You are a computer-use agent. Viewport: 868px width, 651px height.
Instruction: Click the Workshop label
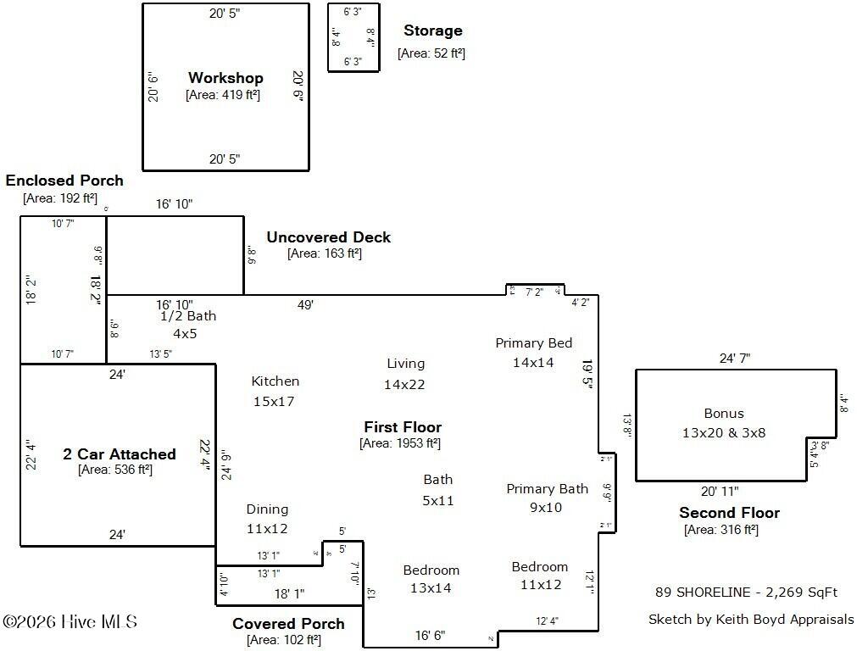coord(225,78)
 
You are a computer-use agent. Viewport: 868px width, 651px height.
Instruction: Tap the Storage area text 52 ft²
coord(431,53)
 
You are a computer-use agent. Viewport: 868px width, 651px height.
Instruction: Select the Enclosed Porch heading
coord(64,181)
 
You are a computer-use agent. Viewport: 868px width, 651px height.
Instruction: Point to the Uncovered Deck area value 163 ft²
coord(325,253)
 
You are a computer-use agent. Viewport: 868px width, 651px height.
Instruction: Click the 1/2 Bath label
coord(188,316)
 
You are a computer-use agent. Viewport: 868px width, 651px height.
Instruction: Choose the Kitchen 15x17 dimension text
coord(274,401)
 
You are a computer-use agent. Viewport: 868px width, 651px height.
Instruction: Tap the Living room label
coord(405,364)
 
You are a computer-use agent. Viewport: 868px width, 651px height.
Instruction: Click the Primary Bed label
coord(534,343)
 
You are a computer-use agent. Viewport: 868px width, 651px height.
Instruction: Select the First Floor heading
coord(403,427)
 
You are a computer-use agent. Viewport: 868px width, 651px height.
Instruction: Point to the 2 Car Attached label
coord(120,454)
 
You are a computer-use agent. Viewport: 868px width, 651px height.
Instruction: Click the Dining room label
coord(267,509)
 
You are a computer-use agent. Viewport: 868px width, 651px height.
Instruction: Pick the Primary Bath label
coord(547,489)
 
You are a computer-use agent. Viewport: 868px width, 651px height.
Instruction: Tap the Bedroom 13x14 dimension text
coord(431,587)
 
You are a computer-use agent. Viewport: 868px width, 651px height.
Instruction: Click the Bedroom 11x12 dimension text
coord(541,584)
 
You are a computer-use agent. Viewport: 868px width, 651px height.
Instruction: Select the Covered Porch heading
coord(288,624)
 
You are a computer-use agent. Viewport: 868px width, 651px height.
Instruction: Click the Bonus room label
coord(724,414)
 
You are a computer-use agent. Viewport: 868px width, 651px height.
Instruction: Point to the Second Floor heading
coord(729,513)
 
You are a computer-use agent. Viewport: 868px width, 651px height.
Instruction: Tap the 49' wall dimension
coord(305,304)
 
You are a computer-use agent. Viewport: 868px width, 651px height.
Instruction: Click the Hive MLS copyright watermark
coord(70,622)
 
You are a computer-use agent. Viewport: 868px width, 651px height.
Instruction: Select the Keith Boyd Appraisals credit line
coord(751,620)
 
